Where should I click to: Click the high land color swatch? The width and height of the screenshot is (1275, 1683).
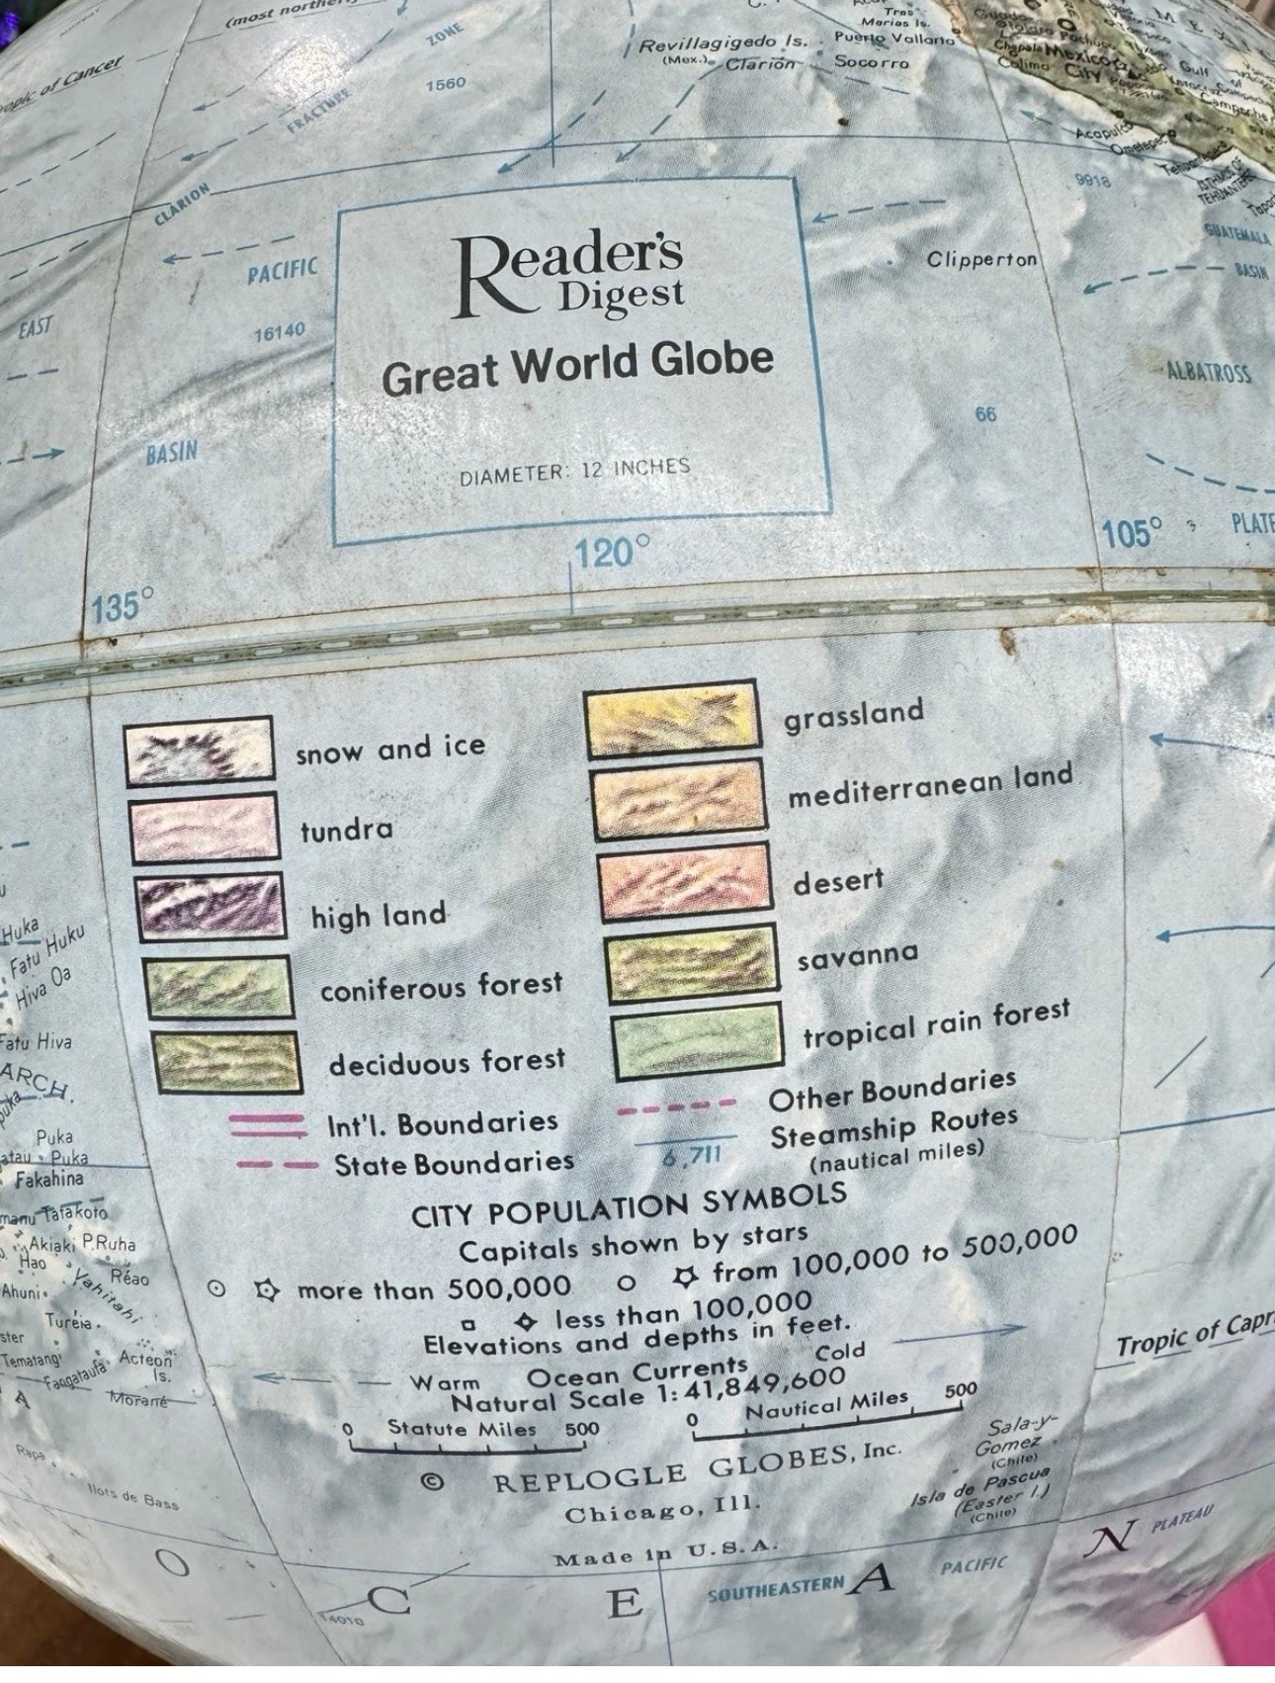[x=210, y=905]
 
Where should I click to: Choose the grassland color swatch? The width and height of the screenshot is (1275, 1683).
[x=672, y=720]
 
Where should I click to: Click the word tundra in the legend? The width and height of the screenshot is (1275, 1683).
[x=346, y=831]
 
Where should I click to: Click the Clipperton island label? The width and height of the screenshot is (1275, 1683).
[x=981, y=259]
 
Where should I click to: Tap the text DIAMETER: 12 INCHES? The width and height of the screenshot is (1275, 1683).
[x=574, y=471]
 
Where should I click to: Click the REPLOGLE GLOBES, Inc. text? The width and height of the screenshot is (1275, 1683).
[x=697, y=1467]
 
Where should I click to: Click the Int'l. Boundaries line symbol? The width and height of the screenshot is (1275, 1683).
[x=267, y=1124]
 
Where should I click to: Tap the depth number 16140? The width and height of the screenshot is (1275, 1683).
[x=280, y=332]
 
